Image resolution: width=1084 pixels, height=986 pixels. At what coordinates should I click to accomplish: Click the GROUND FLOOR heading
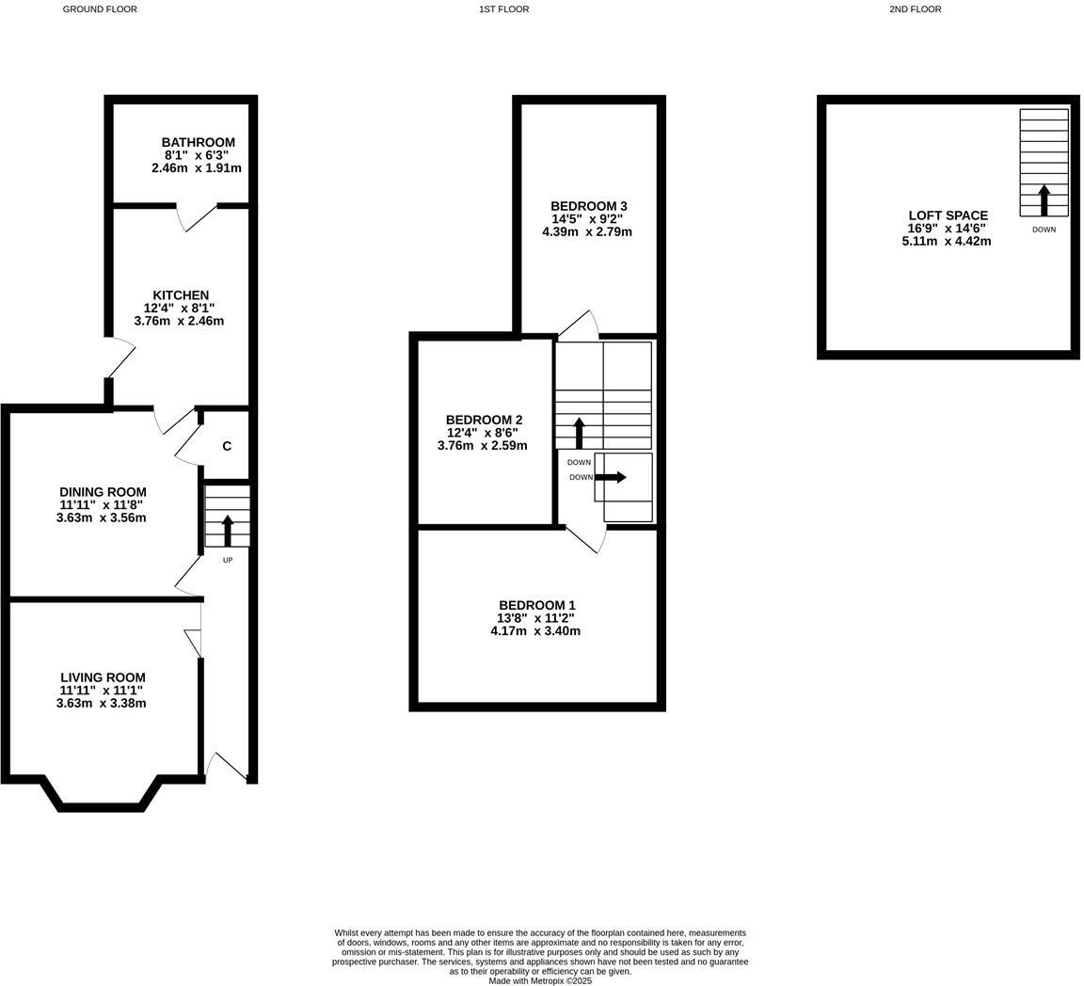(x=99, y=9)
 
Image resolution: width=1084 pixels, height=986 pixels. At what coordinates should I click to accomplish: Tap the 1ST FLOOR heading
(x=503, y=9)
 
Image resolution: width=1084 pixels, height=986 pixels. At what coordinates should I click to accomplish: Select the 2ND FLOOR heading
(x=915, y=9)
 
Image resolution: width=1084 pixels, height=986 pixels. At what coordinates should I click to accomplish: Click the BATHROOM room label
(x=198, y=143)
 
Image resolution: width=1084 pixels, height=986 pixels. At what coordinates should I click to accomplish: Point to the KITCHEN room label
(x=181, y=295)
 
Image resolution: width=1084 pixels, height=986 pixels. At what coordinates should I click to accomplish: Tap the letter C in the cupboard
(x=227, y=447)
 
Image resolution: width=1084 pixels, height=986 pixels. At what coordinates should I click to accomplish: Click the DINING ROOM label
(x=103, y=492)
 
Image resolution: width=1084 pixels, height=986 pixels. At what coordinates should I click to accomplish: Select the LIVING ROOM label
(x=103, y=677)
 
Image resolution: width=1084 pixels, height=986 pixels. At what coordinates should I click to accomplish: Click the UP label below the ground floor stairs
(x=228, y=561)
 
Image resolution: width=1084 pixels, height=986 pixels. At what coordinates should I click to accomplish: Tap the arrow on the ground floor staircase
(x=228, y=530)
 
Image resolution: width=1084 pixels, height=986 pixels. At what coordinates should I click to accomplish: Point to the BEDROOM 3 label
(x=588, y=206)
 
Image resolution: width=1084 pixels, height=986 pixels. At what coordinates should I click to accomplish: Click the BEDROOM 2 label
(x=484, y=420)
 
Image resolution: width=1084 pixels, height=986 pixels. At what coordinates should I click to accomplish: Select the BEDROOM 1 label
(x=536, y=605)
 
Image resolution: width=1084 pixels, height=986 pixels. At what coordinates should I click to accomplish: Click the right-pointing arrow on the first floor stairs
(x=611, y=477)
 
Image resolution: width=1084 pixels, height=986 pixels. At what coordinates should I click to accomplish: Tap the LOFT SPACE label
(x=948, y=215)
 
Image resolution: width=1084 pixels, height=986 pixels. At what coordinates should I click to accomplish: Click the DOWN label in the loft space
(x=1044, y=230)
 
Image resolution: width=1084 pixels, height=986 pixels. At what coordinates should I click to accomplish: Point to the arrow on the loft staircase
(x=1044, y=199)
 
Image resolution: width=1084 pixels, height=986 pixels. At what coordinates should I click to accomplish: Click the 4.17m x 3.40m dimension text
(x=534, y=631)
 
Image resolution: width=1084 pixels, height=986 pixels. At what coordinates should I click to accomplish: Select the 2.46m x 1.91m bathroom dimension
(x=196, y=168)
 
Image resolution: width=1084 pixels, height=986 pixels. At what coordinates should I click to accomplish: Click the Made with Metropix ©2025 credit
(x=540, y=980)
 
